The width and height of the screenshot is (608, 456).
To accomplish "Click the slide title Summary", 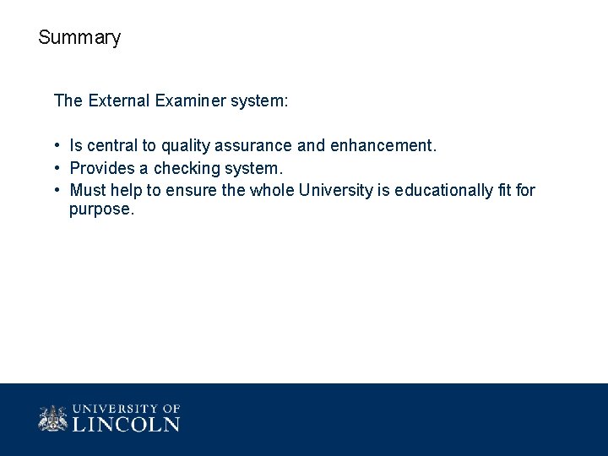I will [79, 38].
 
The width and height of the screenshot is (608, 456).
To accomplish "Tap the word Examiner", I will [187, 101].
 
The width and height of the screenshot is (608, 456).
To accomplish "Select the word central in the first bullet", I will [111, 146].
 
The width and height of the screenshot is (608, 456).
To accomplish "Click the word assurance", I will [254, 146].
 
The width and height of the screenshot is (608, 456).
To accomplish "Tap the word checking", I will [184, 168].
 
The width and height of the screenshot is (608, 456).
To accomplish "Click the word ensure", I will [191, 190].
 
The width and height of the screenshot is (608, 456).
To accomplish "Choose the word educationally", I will [442, 190].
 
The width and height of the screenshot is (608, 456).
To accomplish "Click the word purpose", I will [101, 209].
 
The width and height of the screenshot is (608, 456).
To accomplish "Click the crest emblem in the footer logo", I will [52, 418].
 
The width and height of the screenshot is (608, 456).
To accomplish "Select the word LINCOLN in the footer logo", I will [126, 424].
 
